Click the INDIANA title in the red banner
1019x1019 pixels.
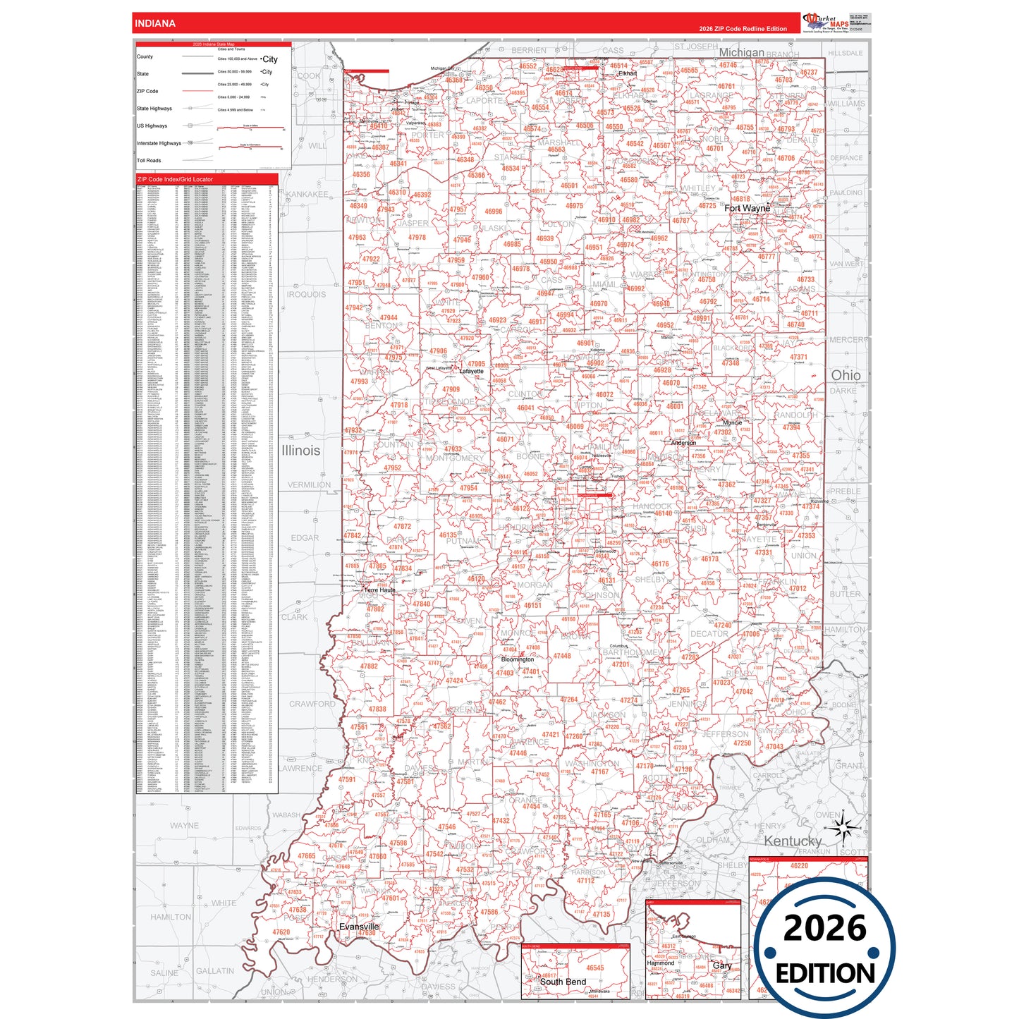point(154,23)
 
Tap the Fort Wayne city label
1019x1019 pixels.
point(747,208)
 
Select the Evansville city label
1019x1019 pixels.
point(359,926)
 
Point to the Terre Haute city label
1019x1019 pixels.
point(379,590)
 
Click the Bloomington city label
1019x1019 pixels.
point(518,659)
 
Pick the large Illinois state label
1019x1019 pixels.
point(300,450)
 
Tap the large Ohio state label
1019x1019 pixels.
point(846,375)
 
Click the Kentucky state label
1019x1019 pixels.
point(793,841)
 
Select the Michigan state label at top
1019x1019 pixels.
point(741,52)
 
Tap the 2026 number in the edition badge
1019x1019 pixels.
point(824,928)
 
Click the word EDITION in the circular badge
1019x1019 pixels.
point(825,974)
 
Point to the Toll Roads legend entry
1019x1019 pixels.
point(149,160)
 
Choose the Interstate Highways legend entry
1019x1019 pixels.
point(159,143)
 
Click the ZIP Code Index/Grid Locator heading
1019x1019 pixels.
point(175,179)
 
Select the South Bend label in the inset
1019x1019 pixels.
point(563,982)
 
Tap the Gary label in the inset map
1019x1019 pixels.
point(722,965)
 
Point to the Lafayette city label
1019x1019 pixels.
point(472,371)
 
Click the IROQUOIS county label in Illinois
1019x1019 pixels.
point(306,294)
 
